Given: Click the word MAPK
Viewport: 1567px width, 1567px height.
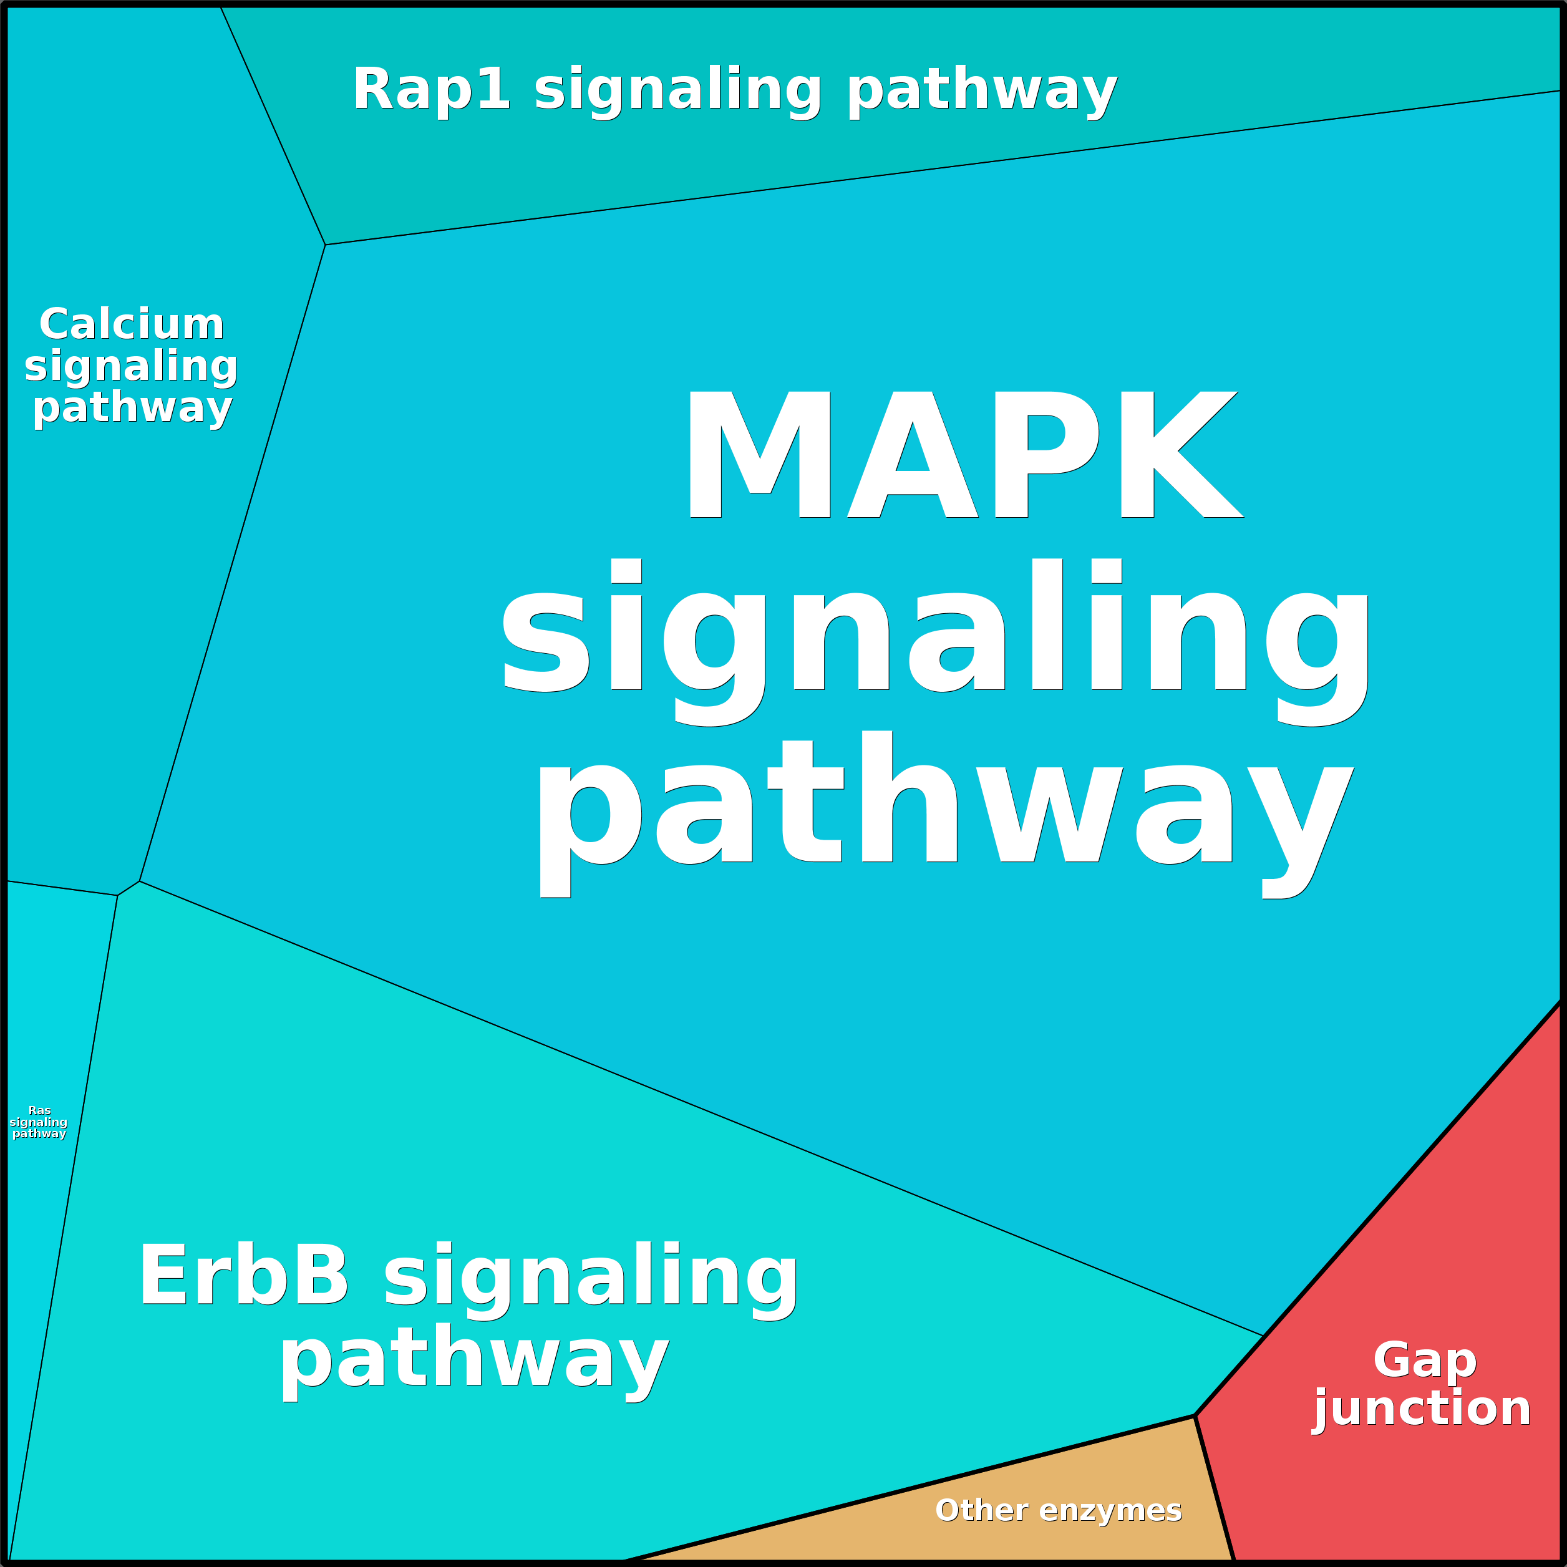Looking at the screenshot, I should pyautogui.click(x=963, y=454).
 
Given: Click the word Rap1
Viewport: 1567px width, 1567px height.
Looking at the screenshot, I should pyautogui.click(x=430, y=89).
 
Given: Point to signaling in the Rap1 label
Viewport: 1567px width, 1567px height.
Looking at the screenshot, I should pyautogui.click(x=678, y=90).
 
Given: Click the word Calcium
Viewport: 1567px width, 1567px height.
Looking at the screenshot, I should pyautogui.click(x=132, y=324).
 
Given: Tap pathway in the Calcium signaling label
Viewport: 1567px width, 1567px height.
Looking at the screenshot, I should pyautogui.click(x=132, y=407).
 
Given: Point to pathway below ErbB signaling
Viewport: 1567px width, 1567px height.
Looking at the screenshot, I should pyautogui.click(x=475, y=1362).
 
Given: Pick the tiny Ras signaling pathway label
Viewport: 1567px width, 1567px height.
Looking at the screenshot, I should pyautogui.click(x=39, y=1122).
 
